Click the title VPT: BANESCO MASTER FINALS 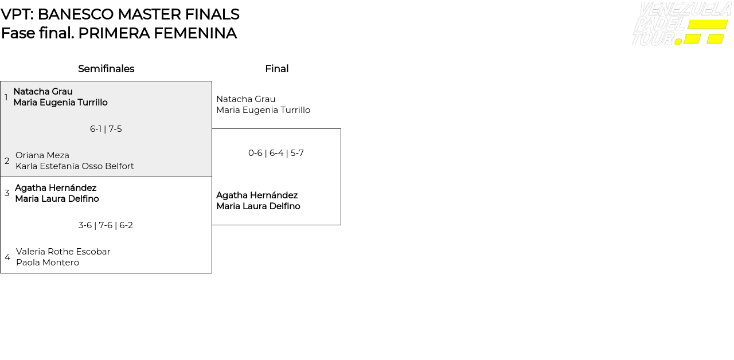point(120,14)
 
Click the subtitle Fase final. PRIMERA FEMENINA point(119,33)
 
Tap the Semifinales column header point(106,69)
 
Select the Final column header point(276,69)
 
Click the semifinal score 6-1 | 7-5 point(106,129)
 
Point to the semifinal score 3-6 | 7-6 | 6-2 point(106,225)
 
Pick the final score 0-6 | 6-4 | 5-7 point(276,153)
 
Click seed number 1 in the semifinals point(6,97)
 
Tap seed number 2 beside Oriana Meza point(7,161)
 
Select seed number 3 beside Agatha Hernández point(7,193)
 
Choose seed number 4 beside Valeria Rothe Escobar point(7,257)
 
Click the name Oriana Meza point(42,155)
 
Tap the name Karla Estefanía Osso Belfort point(75,166)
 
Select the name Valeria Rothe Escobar point(63,252)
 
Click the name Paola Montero point(48,263)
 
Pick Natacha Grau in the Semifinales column point(43,92)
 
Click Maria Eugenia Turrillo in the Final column point(263,110)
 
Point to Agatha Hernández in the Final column point(257,195)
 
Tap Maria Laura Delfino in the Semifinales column point(57,199)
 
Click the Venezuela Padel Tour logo point(681,24)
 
